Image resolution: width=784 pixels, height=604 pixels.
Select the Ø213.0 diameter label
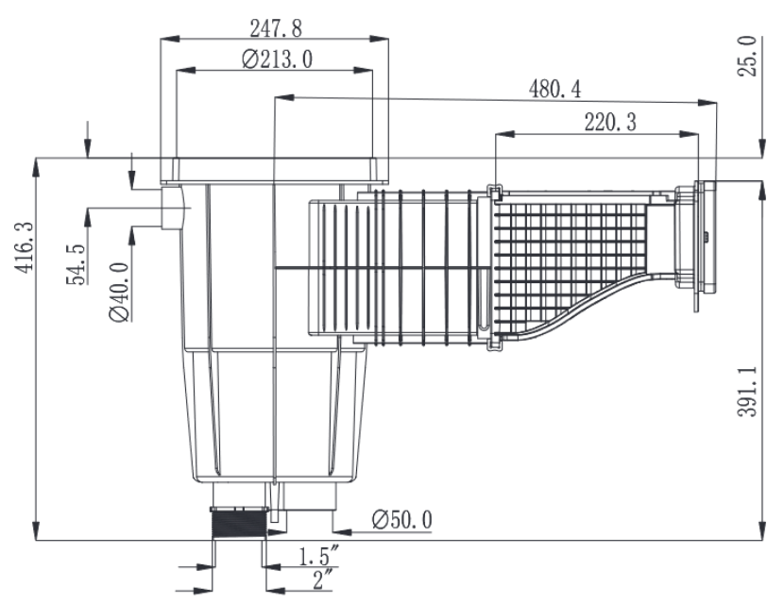[x=277, y=59]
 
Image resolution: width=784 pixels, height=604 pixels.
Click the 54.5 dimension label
[x=80, y=264]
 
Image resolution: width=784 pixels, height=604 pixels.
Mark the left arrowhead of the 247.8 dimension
[x=170, y=39]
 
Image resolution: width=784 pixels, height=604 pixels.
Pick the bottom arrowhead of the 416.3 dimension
[x=35, y=534]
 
